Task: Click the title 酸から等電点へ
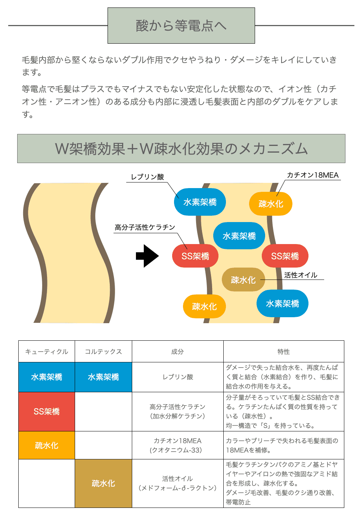[181, 26]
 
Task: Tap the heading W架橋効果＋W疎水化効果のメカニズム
[181, 149]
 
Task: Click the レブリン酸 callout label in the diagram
[147, 177]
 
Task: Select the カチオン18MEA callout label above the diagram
[313, 175]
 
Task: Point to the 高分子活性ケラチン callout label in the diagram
[145, 227]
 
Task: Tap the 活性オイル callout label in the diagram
[301, 275]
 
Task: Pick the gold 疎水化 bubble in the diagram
[243, 280]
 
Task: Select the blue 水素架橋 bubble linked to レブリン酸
[200, 202]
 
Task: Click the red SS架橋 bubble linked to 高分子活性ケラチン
[195, 256]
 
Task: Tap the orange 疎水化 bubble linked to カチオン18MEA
[271, 204]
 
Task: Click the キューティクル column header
[47, 352]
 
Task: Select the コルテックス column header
[103, 352]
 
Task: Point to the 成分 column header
[177, 352]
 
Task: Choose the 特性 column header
[283, 352]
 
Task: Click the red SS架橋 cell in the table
[47, 411]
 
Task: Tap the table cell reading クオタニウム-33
[177, 446]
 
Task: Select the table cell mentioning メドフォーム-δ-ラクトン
[177, 483]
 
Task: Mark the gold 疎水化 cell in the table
[103, 483]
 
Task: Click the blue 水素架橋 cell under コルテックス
[103, 377]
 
